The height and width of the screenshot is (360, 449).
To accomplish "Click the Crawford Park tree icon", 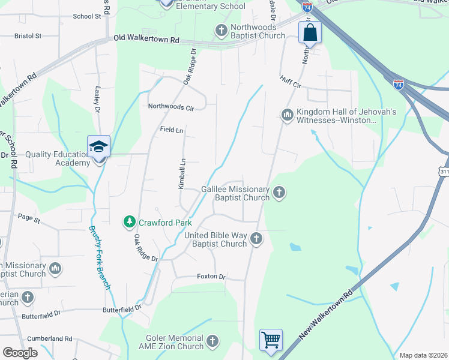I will (129, 223).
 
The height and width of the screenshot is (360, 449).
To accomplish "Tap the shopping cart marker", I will (271, 340).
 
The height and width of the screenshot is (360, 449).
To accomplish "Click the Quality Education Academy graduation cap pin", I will (99, 146).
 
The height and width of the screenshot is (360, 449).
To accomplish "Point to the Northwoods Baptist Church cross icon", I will (221, 30).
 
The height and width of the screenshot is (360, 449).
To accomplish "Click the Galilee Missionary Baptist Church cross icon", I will (279, 193).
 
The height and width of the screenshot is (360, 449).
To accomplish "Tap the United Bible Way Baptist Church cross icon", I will (256, 239).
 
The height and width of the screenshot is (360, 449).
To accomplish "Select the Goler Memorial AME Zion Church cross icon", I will (212, 342).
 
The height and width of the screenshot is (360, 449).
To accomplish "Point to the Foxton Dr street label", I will (211, 277).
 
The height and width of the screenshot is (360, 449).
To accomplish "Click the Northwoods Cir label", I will (172, 107).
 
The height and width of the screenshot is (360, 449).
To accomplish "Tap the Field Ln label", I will (171, 130).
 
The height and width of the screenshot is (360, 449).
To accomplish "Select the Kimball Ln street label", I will (182, 174).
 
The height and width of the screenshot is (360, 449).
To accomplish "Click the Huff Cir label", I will (290, 82).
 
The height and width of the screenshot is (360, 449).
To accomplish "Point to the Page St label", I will (28, 219).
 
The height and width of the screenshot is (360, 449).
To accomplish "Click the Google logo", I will (20, 353).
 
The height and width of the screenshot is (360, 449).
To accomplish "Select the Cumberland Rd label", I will (53, 338).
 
